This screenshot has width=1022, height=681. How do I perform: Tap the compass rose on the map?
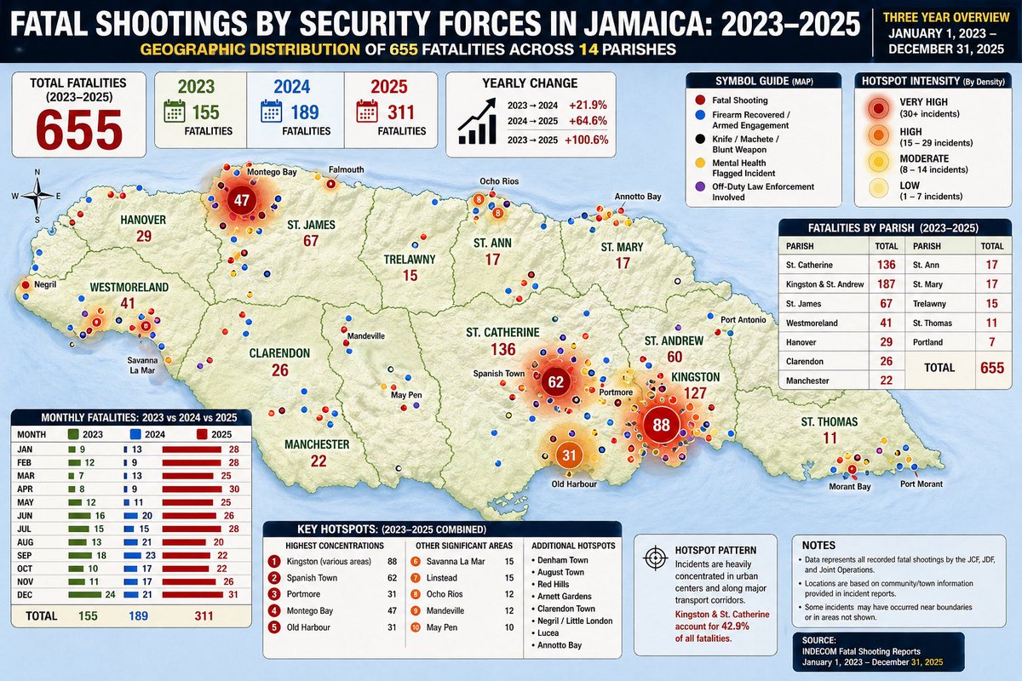[37, 197]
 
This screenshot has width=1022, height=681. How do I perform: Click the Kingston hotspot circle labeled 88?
[660, 425]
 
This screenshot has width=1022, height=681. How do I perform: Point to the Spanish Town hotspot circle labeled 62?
[556, 382]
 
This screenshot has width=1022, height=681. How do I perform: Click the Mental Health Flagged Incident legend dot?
[699, 161]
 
